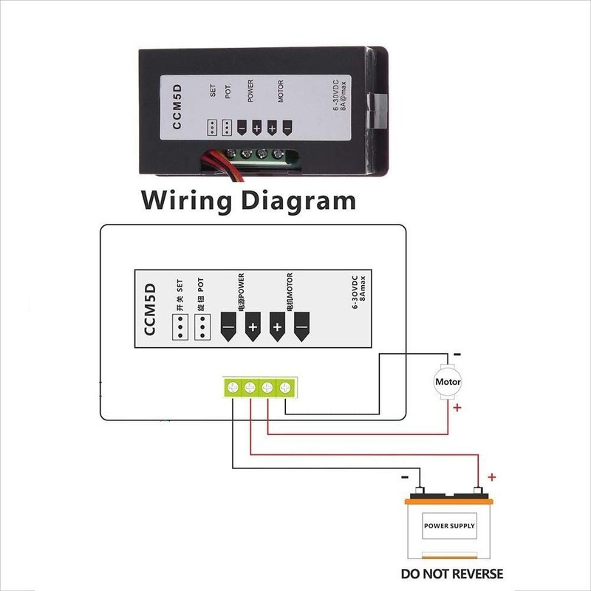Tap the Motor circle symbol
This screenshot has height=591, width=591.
coord(448,382)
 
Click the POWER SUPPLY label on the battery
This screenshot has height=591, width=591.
coord(449,527)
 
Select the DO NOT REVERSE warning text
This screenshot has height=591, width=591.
coord(451,573)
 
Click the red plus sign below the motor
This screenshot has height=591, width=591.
coord(458,407)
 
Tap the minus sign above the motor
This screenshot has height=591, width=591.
coord(457,355)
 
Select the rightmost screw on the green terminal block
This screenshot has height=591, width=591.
coord(284,386)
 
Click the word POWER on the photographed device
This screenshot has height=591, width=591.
coord(250,89)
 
